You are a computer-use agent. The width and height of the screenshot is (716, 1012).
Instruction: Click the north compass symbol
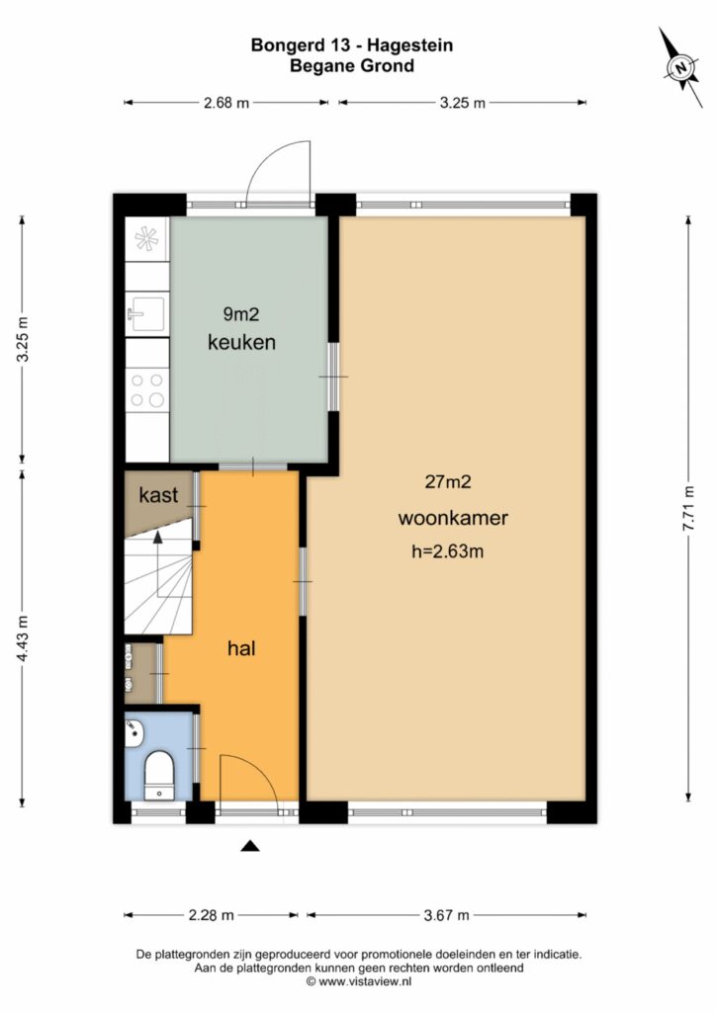680,67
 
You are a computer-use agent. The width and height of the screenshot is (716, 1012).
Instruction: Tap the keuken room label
241,342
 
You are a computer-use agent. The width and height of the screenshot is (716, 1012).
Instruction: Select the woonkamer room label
453,518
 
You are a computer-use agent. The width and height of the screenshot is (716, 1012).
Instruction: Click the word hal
241,648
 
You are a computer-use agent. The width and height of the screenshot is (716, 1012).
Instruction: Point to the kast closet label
158,495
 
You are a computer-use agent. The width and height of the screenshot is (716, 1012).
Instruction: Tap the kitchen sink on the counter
146,313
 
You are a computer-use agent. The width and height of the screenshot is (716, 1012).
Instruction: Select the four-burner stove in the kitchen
147,390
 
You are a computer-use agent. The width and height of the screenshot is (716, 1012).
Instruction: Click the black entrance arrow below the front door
250,846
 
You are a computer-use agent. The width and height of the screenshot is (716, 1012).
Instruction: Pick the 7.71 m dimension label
689,508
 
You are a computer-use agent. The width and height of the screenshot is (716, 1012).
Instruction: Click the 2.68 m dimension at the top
226,103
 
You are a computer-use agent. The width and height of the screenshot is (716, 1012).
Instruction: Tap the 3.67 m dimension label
446,914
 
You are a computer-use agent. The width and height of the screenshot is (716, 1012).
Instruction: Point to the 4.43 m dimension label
23,637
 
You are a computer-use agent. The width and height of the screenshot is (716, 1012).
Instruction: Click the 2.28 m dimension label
211,914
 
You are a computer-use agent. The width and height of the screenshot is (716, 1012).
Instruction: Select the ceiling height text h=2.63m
447,551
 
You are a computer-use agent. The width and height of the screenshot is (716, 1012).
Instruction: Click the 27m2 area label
447,481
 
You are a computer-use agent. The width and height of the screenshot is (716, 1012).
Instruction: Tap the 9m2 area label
241,314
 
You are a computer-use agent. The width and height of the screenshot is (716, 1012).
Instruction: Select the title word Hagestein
410,45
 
